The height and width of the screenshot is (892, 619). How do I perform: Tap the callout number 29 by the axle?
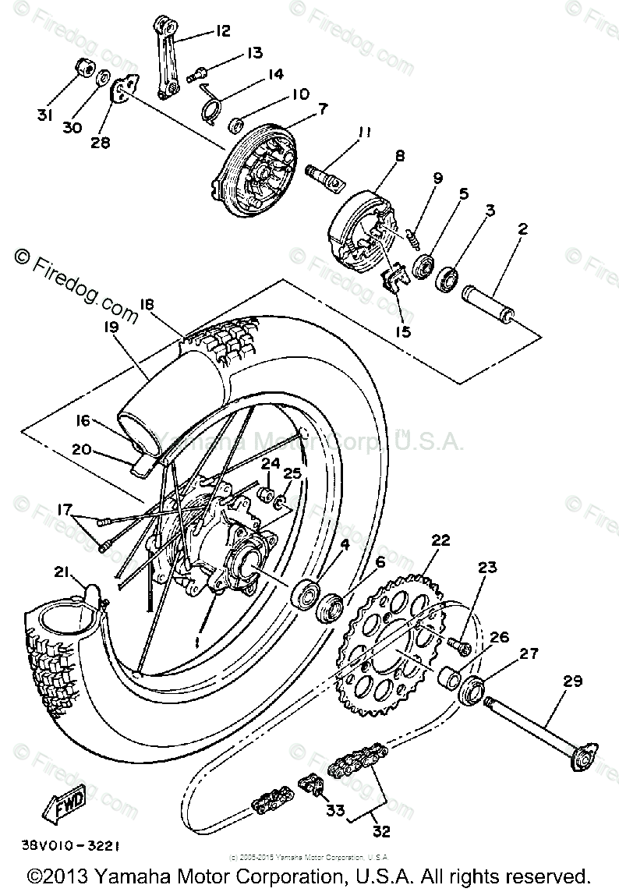[572, 681]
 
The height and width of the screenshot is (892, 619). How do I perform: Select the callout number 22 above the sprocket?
[440, 540]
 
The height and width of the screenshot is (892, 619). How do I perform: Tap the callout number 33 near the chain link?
[334, 810]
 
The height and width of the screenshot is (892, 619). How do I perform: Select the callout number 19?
[110, 327]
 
